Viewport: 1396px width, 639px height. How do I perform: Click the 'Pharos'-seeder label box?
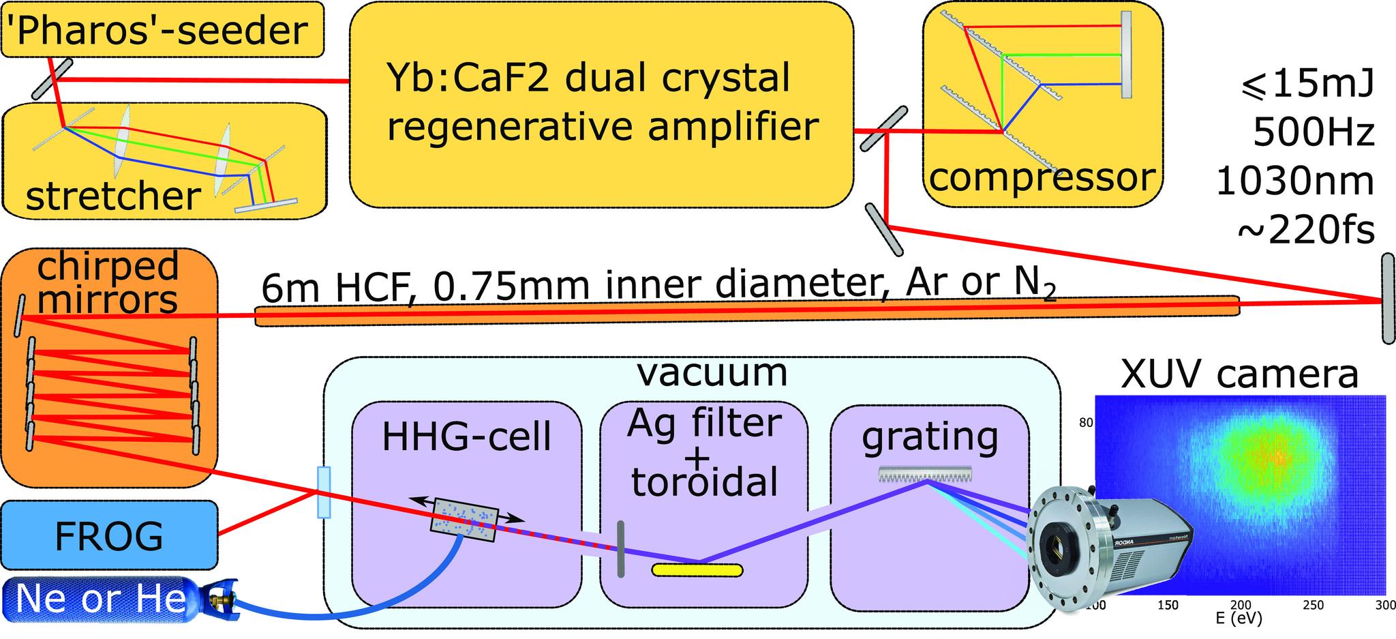click(x=162, y=29)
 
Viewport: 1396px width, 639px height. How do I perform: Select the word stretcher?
click(x=113, y=196)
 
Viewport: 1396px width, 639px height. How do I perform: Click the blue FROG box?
click(x=109, y=535)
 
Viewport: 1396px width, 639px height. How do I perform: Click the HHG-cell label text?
click(x=466, y=436)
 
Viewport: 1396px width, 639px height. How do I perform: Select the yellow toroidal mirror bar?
click(x=697, y=569)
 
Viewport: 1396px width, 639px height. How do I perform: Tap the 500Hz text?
click(x=1313, y=133)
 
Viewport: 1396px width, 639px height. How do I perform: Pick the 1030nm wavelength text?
click(x=1294, y=182)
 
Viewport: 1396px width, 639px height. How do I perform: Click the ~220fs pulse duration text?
click(x=1305, y=231)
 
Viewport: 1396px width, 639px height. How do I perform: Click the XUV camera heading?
click(x=1239, y=374)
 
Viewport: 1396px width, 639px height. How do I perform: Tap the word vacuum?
click(x=712, y=372)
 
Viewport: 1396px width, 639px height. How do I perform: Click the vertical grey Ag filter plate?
click(x=620, y=548)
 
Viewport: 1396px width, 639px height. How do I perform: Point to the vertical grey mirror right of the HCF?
click(x=1388, y=297)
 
